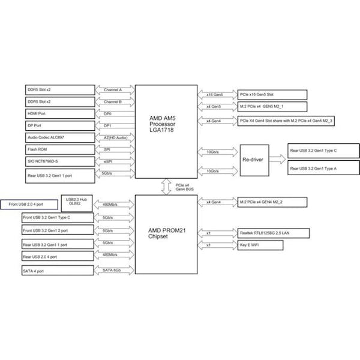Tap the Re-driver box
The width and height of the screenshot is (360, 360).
coord(253,160)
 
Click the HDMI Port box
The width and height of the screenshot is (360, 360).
coord(60,113)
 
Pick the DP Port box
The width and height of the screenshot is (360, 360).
coord(60,125)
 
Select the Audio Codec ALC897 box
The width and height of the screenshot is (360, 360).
coord(60,137)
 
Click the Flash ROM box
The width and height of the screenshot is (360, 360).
coord(60,149)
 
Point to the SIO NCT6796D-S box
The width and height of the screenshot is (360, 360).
coord(60,161)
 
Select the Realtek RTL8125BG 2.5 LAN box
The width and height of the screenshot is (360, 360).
coord(273,233)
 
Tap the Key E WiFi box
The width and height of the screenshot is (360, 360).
coord(260,245)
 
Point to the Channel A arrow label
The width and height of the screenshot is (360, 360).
coord(113,89)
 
